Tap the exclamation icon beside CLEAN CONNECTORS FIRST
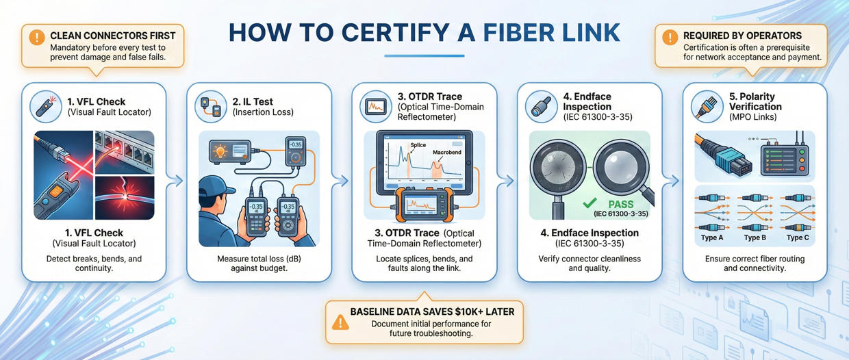pyautogui.click(x=38, y=36)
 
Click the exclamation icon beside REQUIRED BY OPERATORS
pyautogui.click(x=670, y=36)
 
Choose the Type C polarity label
pyautogui.click(x=797, y=237)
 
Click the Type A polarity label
pyautogui.click(x=711, y=237)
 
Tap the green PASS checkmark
pyautogui.click(x=588, y=204)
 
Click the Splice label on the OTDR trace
pyautogui.click(x=418, y=145)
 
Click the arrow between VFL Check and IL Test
pyautogui.click(x=176, y=181)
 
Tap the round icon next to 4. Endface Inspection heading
pyautogui.click(x=542, y=107)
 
